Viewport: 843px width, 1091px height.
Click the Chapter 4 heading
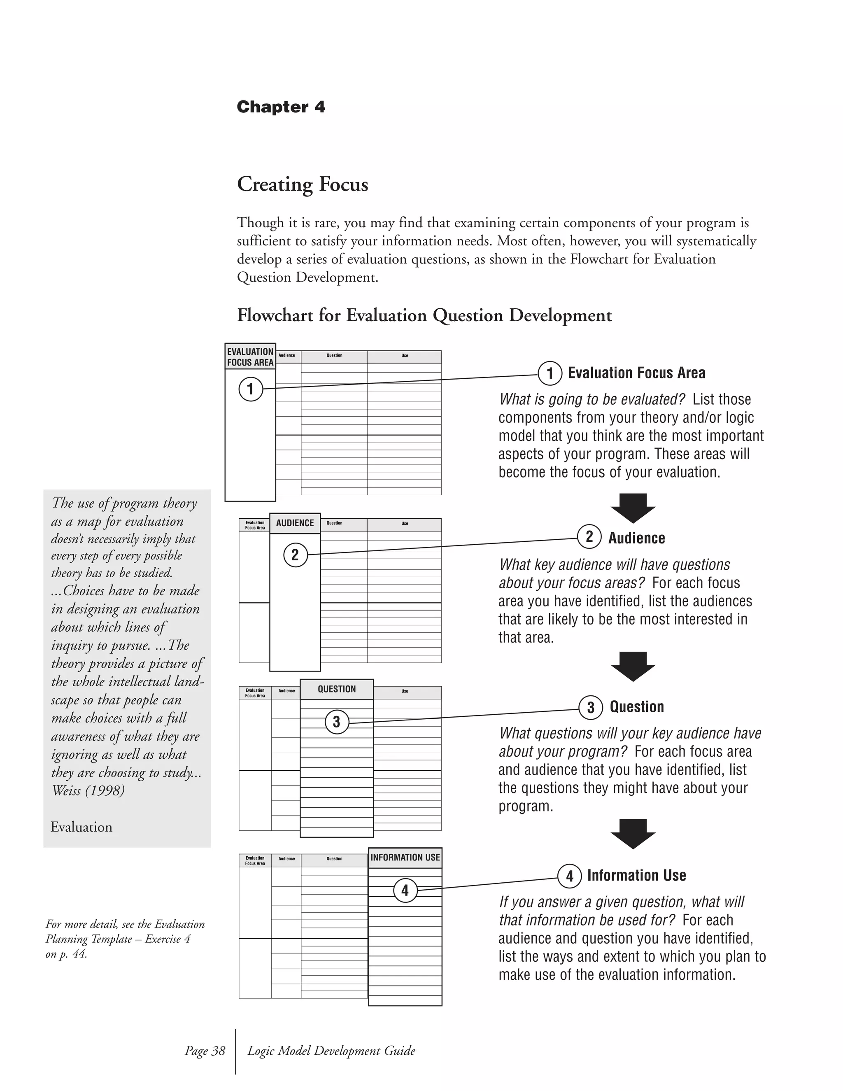coord(281,107)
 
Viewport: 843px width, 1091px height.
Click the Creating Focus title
coord(302,184)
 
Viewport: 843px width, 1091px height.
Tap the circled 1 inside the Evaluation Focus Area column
coord(250,389)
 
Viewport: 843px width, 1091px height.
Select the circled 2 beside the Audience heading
coord(589,536)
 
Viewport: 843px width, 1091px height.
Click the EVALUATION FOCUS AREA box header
coord(250,357)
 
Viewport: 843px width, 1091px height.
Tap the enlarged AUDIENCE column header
coord(295,523)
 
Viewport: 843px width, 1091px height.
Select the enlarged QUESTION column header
coord(337,689)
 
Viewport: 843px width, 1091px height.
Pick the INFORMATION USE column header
coord(405,857)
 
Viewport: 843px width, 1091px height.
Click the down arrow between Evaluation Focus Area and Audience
coord(633,508)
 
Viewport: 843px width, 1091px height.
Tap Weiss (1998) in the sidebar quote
coord(88,791)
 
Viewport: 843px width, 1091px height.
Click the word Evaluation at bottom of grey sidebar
coord(82,827)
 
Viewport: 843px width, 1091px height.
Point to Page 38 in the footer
coord(205,1051)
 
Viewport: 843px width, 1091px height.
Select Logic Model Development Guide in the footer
coord(331,1051)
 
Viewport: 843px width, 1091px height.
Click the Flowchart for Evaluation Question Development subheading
coord(424,316)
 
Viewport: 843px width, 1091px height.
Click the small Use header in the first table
coord(405,356)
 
